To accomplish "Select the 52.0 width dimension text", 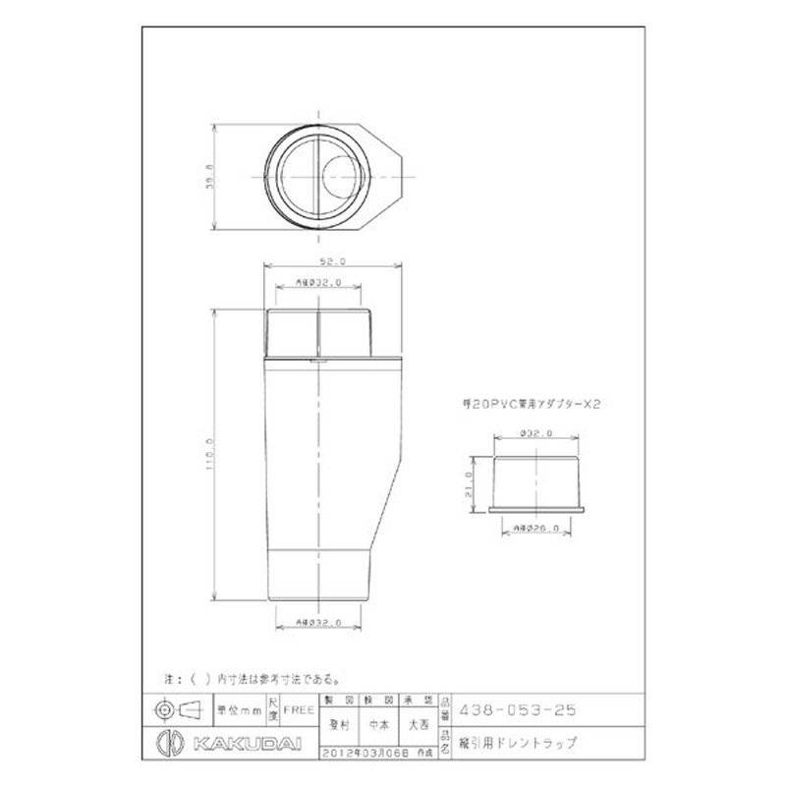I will [332, 262].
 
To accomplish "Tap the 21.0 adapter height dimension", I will [470, 483].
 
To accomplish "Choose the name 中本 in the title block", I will [377, 725].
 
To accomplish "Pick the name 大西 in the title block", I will [419, 725].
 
